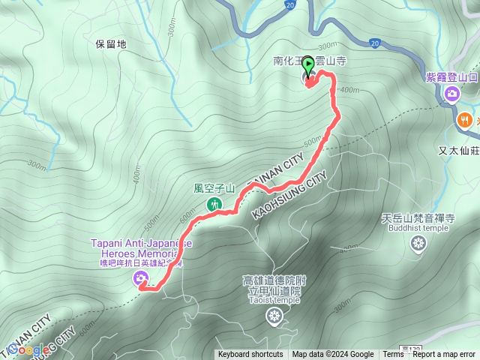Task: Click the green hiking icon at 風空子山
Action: tap(214, 203)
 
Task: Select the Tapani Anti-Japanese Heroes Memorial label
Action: tap(141, 248)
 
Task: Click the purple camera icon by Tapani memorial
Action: tap(140, 279)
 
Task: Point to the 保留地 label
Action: tap(112, 44)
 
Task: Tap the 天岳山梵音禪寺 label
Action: tap(418, 218)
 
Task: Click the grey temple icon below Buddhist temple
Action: tap(418, 243)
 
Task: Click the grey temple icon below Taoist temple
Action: tap(272, 318)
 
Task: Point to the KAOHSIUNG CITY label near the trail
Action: tap(289, 194)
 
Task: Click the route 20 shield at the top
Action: tap(289, 4)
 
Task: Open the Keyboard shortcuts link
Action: tap(250, 355)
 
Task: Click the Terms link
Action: tap(393, 355)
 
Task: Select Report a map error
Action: tap(445, 355)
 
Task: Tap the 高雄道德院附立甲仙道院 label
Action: tap(271, 285)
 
